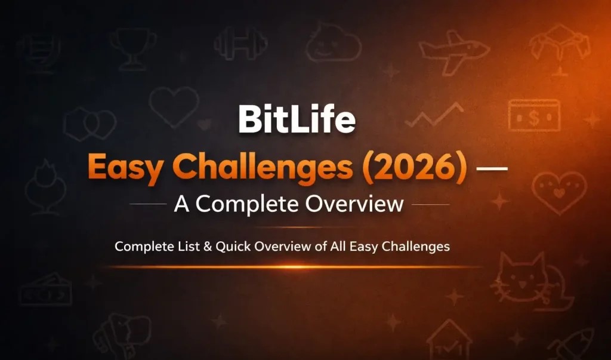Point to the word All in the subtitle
[338, 246]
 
